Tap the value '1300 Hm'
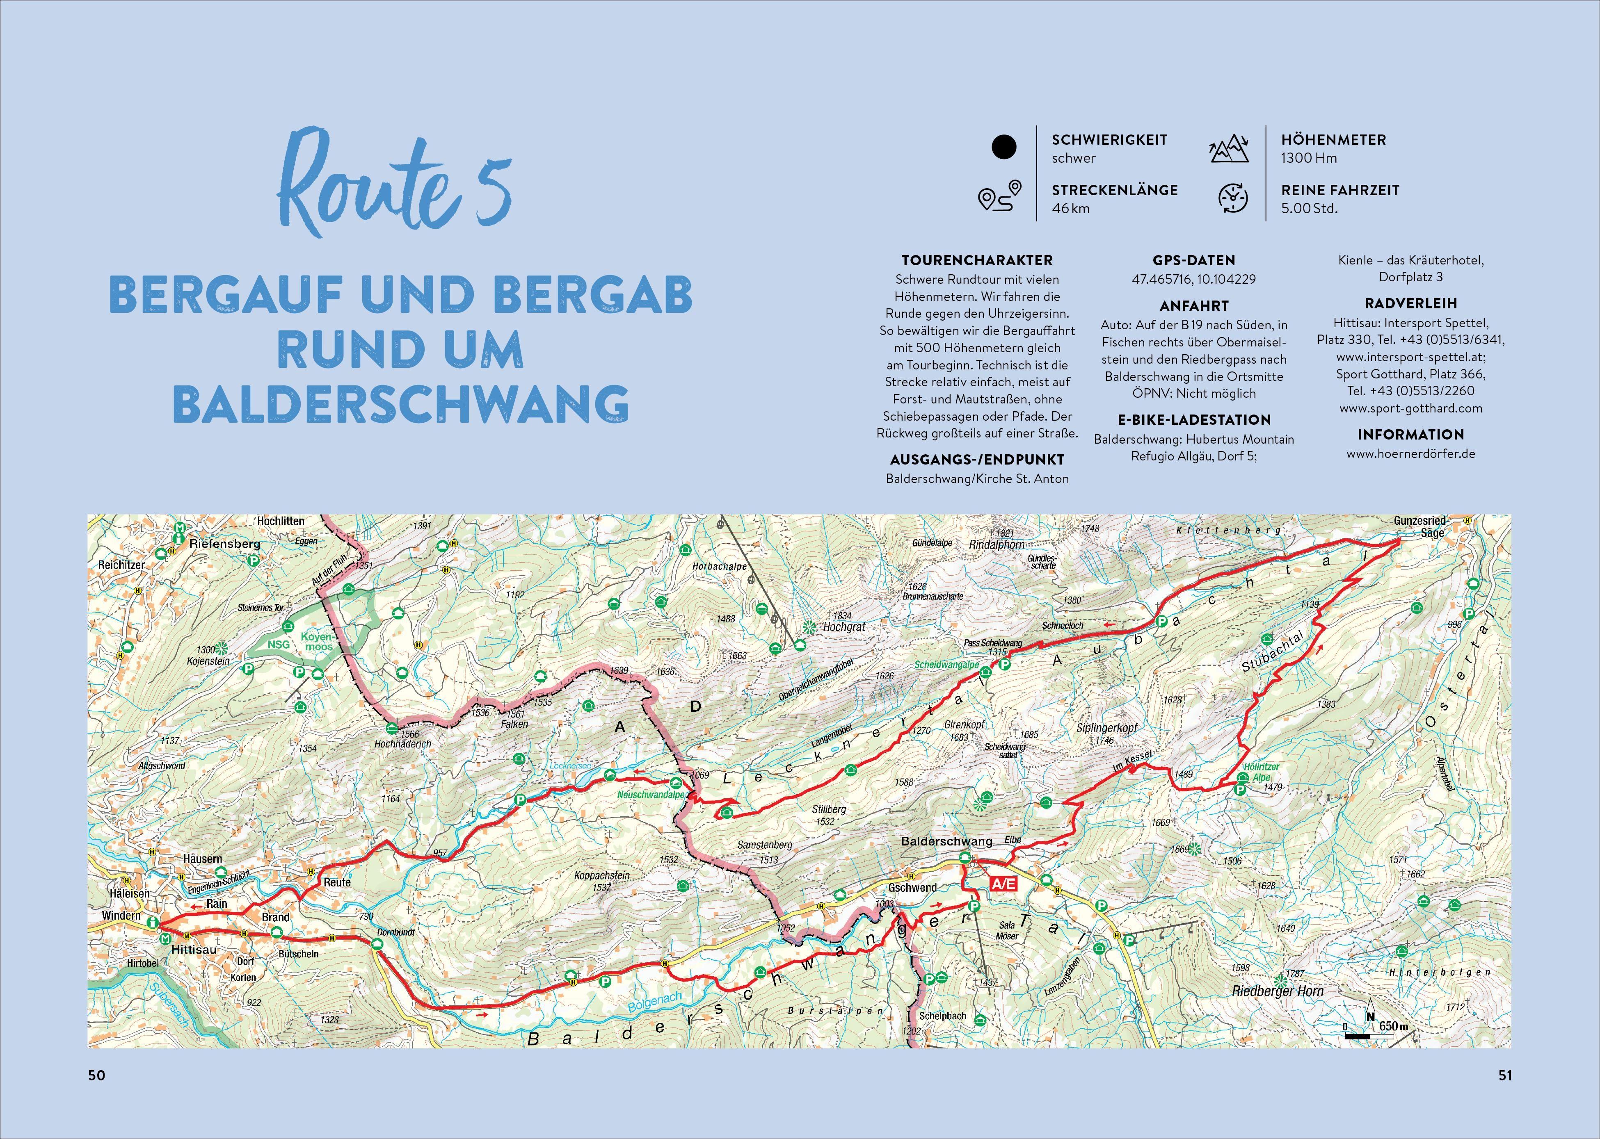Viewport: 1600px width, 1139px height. point(1309,158)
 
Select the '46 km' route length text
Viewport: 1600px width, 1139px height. point(1070,208)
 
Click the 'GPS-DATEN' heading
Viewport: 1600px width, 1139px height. point(1194,260)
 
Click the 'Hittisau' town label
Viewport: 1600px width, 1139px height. point(194,950)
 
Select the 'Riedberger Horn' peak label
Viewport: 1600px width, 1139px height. point(1277,991)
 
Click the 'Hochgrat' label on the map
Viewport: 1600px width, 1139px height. point(844,627)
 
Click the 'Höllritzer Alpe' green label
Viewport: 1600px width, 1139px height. point(1261,772)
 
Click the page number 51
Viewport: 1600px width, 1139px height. point(1504,1075)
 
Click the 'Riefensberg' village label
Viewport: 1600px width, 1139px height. point(224,544)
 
